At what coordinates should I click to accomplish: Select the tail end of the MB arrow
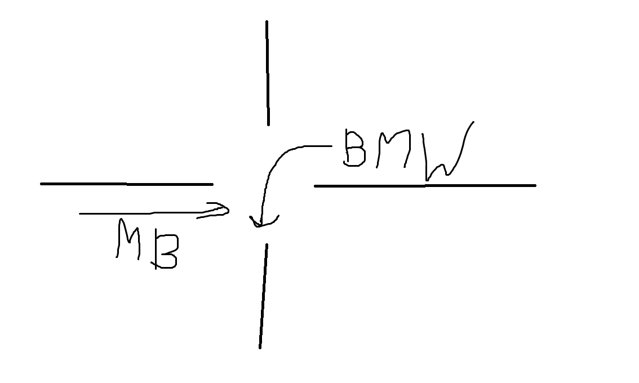pos(80,213)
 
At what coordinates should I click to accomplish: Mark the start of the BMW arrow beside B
pos(332,146)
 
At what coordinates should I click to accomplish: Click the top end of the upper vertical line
pos(267,21)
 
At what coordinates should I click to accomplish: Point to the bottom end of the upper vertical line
pos(268,124)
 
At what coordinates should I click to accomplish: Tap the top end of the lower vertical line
pos(267,244)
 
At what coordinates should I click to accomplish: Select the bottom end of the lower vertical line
pos(260,348)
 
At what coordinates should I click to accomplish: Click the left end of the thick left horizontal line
pos(41,184)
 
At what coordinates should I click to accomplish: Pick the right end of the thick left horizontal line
pos(213,185)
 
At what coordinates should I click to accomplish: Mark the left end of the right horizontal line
pos(314,186)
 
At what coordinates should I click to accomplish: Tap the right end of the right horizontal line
pos(535,185)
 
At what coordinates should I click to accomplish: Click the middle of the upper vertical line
pos(268,73)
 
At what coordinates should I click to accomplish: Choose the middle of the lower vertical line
pos(263,296)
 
